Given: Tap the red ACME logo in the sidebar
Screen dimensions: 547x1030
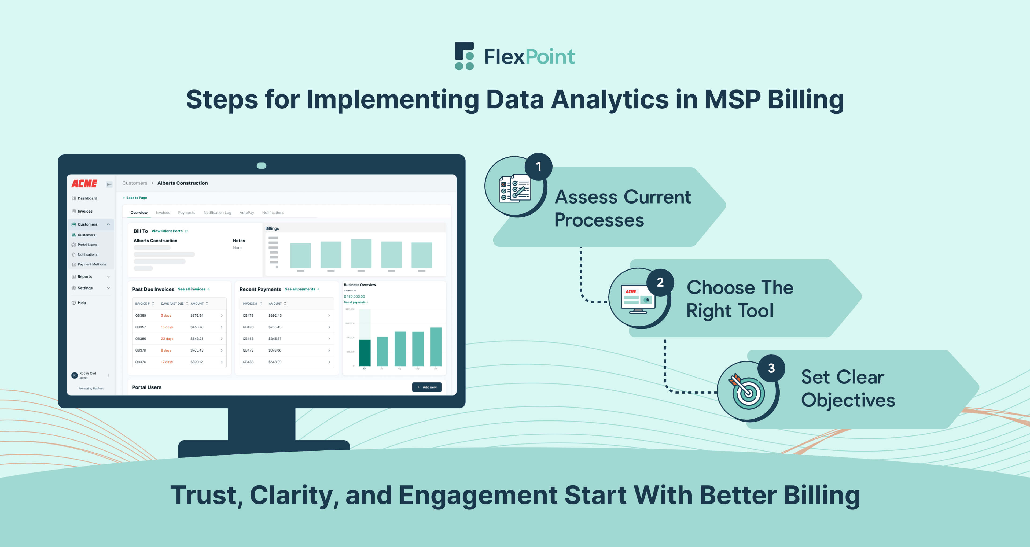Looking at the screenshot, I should [x=84, y=183].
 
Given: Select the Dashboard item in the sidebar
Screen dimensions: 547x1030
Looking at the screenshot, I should [x=87, y=198].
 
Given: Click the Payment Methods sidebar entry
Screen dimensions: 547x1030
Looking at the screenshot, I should [x=91, y=264].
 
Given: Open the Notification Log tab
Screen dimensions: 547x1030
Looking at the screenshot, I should [x=217, y=213].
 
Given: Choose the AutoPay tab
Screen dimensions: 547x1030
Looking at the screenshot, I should [x=247, y=213].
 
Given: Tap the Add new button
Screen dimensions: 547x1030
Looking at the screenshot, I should [x=427, y=387].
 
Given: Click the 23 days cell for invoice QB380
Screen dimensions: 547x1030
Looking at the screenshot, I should [x=167, y=339].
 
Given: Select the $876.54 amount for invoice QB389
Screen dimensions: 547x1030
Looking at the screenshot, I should [x=197, y=316].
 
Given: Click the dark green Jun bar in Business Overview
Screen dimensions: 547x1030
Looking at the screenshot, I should [x=365, y=353].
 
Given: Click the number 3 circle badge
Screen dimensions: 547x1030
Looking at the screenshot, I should [x=771, y=368].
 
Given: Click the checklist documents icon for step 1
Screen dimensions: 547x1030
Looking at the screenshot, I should [x=515, y=188].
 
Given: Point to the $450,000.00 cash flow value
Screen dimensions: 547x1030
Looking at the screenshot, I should [x=354, y=297].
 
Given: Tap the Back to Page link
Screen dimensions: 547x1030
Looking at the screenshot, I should [x=136, y=198].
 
